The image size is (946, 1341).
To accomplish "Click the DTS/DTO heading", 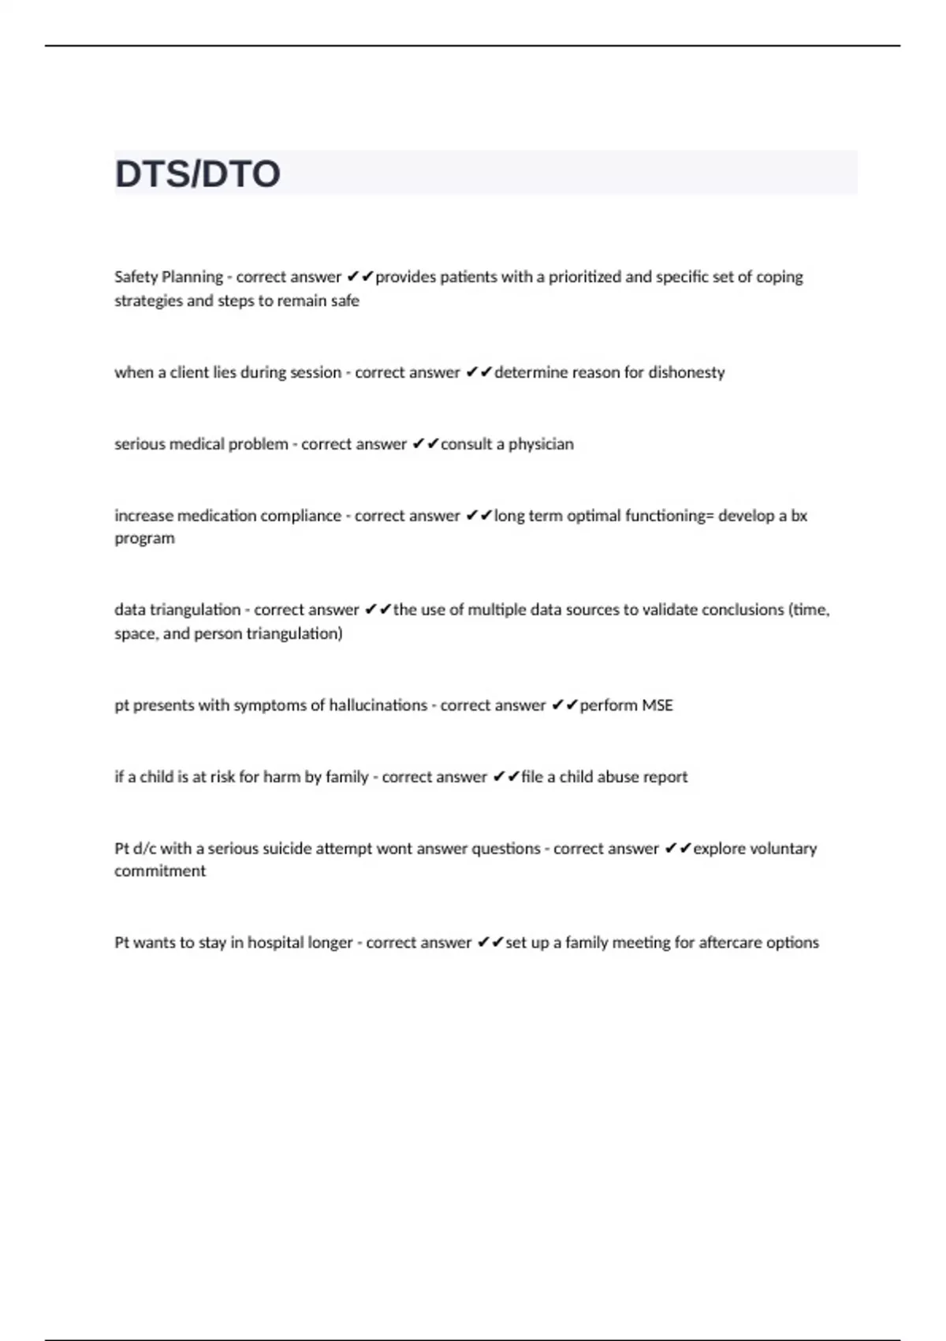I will pyautogui.click(x=197, y=174).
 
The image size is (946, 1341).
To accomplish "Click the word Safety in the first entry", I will pyautogui.click(x=136, y=277).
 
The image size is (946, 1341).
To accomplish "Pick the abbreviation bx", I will pyautogui.click(x=799, y=516).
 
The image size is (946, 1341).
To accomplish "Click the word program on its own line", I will pyautogui.click(x=144, y=539).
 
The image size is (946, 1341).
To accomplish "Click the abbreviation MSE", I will pyautogui.click(x=657, y=705).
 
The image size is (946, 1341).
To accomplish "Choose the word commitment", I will pyautogui.click(x=159, y=872).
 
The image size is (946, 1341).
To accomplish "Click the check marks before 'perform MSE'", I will pyautogui.click(x=565, y=705).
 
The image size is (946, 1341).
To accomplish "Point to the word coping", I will pyautogui.click(x=780, y=277).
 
